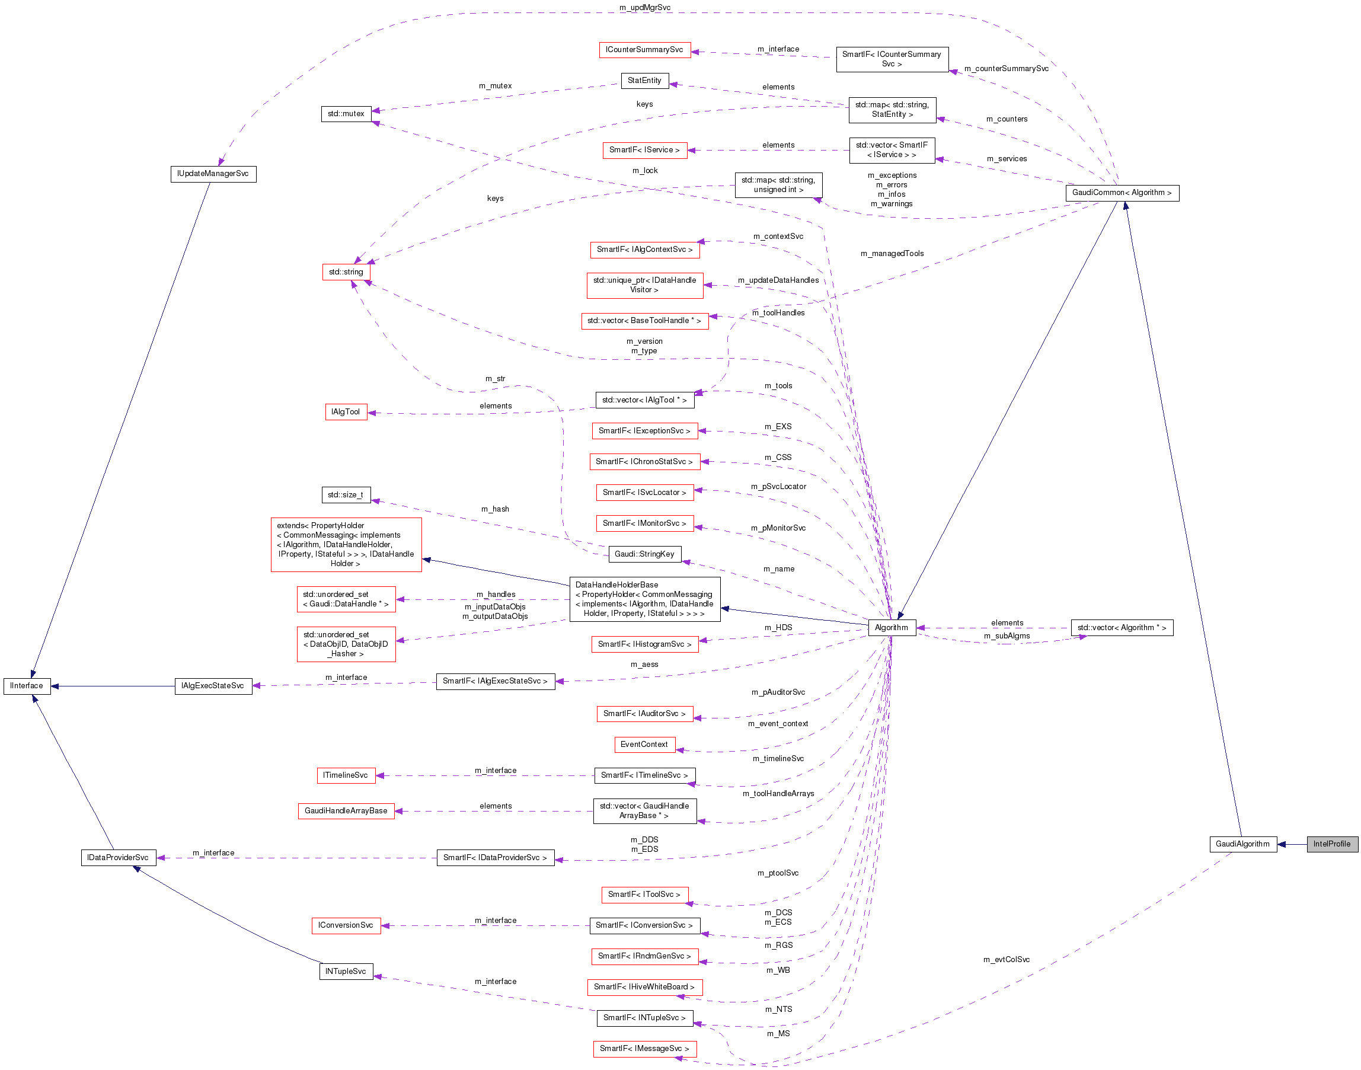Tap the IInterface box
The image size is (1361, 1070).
pos(27,686)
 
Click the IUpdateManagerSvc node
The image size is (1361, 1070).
pos(213,174)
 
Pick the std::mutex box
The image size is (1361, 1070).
pos(346,114)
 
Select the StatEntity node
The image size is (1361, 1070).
pos(644,81)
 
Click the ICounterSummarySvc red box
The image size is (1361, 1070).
pos(644,50)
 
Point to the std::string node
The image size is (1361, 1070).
pos(346,272)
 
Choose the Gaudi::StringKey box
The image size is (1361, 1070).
pos(644,554)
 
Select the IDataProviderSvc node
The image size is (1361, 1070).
pos(118,858)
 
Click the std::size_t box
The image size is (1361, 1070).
pos(345,495)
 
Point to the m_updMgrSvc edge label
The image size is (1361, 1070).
pos(644,8)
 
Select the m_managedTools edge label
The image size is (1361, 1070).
pos(892,254)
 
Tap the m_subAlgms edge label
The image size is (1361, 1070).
pos(1007,636)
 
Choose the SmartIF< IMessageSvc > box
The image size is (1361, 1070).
pos(644,1049)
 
